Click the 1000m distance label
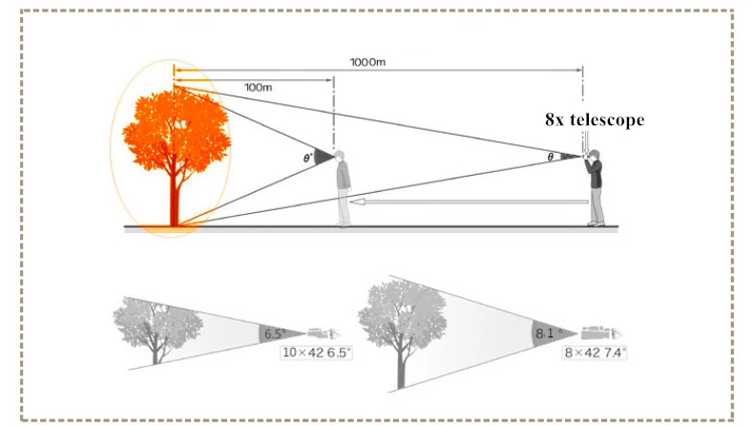[x=367, y=62]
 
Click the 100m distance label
[x=259, y=87]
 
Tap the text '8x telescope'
[x=595, y=119]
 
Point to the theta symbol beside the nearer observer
[x=307, y=158]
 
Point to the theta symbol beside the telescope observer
[x=551, y=157]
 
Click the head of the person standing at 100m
[x=340, y=156]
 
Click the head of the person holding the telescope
[x=595, y=155]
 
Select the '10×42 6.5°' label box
[x=316, y=352]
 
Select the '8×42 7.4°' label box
[x=595, y=352]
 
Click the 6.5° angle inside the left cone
[x=275, y=333]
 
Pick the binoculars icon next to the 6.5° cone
[x=324, y=332]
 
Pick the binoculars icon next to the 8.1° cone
[x=601, y=332]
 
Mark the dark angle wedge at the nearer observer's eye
[x=324, y=157]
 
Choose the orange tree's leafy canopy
[x=176, y=130]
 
